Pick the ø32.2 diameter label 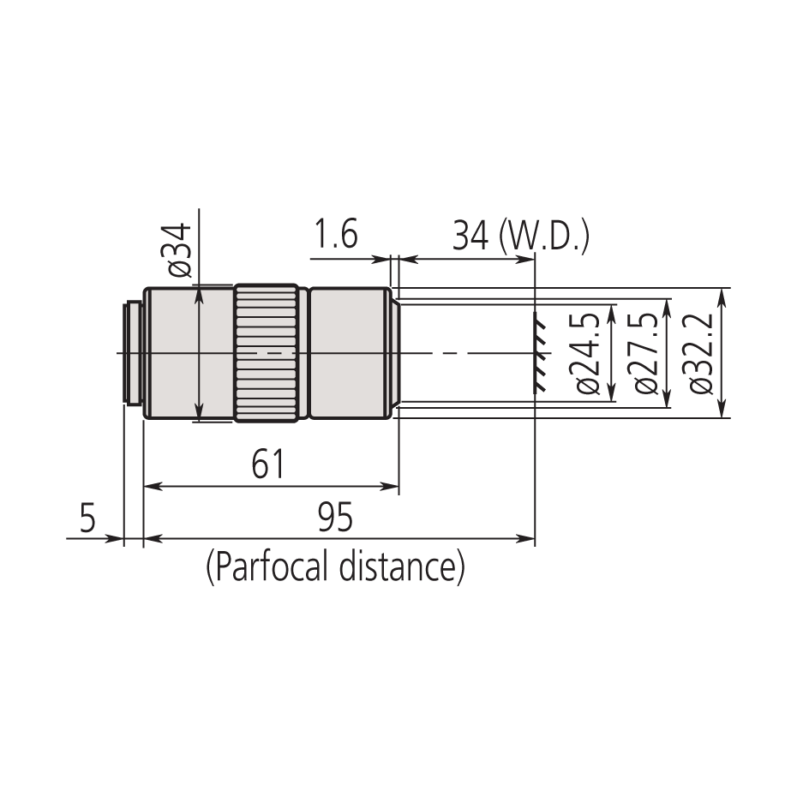701,352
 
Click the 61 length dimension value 268,464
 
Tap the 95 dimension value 335,518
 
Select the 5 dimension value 87,518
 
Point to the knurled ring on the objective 267,353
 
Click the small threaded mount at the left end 133,353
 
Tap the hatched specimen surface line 539,352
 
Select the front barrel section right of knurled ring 349,353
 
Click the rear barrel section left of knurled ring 189,353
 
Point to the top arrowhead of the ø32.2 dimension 722,295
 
